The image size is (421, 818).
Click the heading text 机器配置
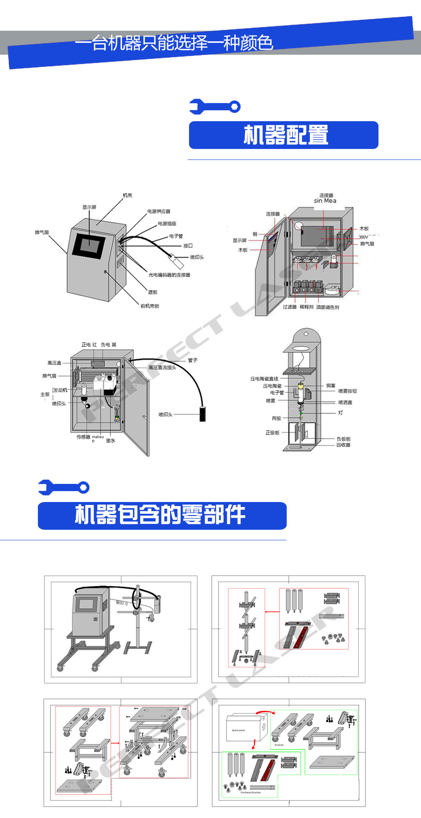click(x=285, y=135)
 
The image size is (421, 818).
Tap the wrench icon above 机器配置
click(x=215, y=106)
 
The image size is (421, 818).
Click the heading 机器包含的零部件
click(x=160, y=515)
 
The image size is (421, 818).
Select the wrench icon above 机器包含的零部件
click(x=64, y=487)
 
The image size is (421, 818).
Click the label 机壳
click(x=127, y=195)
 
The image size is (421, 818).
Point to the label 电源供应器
click(x=159, y=211)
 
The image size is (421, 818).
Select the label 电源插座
click(x=167, y=223)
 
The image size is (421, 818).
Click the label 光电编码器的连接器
click(x=169, y=275)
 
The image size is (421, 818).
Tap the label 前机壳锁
click(x=149, y=306)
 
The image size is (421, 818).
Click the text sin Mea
click(x=325, y=201)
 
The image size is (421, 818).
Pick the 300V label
click(x=363, y=237)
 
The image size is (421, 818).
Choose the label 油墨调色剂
click(x=328, y=307)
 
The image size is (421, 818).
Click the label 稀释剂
click(x=306, y=307)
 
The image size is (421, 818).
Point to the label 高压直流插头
click(x=162, y=367)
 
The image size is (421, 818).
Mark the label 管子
click(x=192, y=360)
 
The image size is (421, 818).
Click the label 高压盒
click(x=54, y=363)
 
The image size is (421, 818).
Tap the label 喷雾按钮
click(x=347, y=391)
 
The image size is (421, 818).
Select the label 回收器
click(x=343, y=445)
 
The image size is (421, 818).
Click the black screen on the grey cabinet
click(x=89, y=244)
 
